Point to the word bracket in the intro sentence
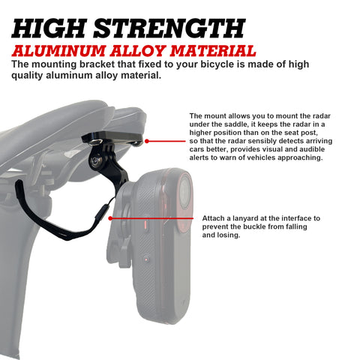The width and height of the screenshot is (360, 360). pos(88,64)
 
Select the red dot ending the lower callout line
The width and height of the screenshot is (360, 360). pos(109,218)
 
